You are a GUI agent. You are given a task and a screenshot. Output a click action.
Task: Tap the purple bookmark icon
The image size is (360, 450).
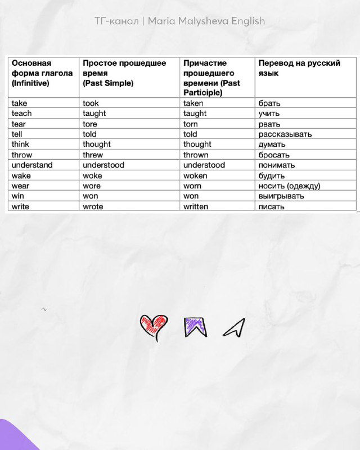[195, 326]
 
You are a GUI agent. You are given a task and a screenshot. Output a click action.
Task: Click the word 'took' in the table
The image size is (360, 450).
[91, 103]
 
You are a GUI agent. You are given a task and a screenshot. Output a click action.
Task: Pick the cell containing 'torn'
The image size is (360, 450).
[191, 124]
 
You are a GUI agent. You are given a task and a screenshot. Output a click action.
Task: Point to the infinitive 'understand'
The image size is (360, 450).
[32, 165]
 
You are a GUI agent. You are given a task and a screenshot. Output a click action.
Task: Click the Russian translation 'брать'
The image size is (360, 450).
[269, 103]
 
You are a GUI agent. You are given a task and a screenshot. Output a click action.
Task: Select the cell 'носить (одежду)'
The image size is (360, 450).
[289, 186]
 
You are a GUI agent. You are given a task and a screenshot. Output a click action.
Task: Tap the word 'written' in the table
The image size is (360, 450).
[196, 206]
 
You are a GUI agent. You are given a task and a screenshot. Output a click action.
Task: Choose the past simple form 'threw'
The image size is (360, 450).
[93, 155]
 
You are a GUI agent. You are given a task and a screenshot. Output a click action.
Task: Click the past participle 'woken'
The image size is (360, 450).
[195, 175]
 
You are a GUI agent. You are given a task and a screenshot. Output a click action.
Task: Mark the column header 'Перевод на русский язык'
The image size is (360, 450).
[299, 68]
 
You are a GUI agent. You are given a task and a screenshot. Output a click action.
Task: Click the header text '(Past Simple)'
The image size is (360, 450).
[108, 83]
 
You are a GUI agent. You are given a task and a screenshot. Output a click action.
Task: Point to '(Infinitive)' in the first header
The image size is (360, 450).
[30, 83]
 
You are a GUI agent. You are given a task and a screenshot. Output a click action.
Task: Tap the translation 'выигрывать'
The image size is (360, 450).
[281, 196]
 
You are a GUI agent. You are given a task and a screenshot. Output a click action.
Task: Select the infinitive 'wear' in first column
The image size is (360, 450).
[21, 186]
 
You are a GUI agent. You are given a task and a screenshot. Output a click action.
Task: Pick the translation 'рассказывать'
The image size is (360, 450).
[285, 134]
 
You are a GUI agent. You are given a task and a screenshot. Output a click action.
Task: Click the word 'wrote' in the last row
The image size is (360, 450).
[93, 206]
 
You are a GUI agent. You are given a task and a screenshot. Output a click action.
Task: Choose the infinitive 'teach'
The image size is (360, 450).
[22, 113]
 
